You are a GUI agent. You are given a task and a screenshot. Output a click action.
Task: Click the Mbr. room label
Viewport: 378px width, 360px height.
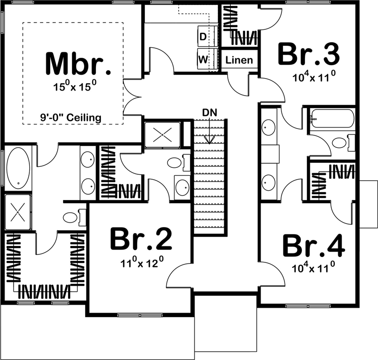78,63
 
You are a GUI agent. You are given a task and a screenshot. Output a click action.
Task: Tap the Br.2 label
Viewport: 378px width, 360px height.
141,239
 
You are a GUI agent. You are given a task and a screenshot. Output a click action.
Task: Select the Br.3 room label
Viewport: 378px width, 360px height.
309,54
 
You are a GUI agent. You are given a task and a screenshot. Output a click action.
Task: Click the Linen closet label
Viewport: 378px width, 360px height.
239,60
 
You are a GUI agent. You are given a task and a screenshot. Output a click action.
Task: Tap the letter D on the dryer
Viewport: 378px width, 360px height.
203,37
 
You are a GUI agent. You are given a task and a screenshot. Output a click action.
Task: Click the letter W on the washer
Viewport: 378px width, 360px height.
203,59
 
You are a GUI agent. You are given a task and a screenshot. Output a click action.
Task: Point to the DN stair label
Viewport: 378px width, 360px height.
209,113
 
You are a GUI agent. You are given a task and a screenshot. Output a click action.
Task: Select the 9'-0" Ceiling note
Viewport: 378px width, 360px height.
71,118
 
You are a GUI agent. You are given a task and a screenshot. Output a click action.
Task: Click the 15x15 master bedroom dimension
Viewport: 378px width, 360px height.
75,86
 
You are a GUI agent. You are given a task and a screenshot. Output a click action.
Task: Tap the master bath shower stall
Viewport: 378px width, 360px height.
18,212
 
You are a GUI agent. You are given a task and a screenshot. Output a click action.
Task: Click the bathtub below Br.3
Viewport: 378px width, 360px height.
333,119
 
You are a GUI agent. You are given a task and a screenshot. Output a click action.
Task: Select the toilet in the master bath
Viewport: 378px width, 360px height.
74,218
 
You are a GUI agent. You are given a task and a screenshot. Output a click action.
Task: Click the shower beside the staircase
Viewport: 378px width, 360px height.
162,134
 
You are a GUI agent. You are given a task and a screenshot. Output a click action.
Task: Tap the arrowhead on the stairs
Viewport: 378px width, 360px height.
209,140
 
